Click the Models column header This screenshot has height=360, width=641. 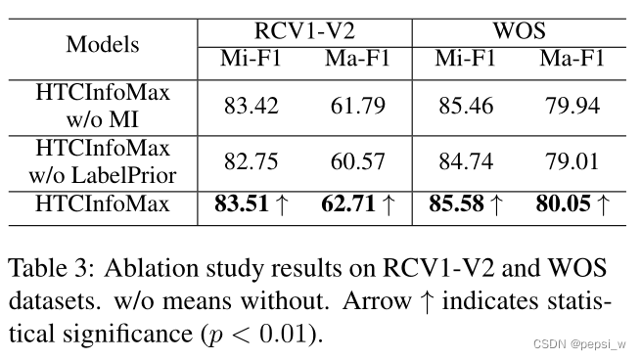(103, 45)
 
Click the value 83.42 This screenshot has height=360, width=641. (250, 106)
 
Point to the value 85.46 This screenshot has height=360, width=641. (466, 106)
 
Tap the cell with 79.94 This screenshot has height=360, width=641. (572, 106)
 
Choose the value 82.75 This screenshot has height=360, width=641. (250, 160)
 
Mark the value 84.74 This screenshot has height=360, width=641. (466, 160)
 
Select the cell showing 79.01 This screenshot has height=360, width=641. (572, 160)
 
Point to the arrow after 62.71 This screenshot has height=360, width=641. (389, 205)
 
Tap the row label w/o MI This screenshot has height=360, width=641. (103, 119)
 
